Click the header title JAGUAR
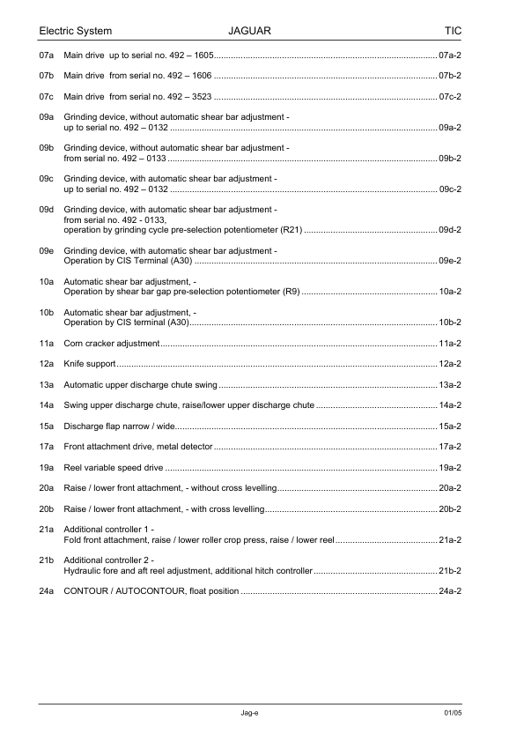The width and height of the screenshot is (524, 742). pos(249,31)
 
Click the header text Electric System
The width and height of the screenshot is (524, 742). pos(76,31)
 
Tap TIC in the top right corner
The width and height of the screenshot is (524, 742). pos(453,31)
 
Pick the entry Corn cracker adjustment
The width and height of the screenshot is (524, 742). pos(112,343)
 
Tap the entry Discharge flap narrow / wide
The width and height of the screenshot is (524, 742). pos(122,426)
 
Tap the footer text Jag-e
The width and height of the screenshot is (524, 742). pos(249,711)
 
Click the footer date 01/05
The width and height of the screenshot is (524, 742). pos(453,711)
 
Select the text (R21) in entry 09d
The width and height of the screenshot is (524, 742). pos(291,230)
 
